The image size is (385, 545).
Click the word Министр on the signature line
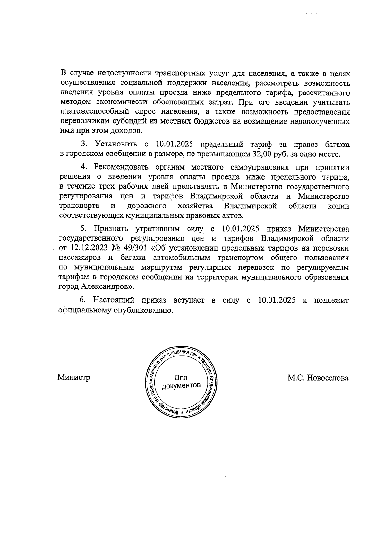click(73, 377)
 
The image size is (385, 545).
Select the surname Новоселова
click(327, 378)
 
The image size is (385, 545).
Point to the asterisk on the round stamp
click(182, 412)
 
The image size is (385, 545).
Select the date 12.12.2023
click(84, 248)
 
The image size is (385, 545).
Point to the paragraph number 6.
click(83, 301)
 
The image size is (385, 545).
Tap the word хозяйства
click(195, 206)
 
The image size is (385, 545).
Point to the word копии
click(338, 206)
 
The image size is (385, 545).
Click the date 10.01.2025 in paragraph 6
click(276, 301)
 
